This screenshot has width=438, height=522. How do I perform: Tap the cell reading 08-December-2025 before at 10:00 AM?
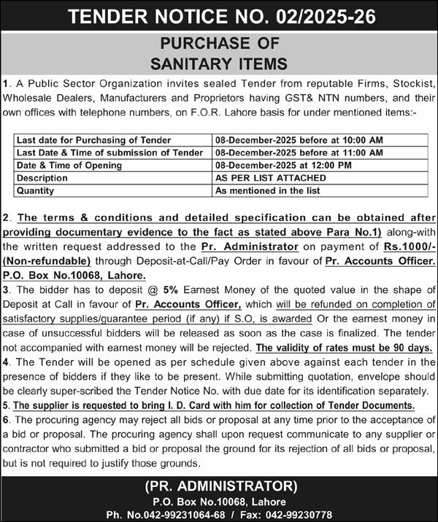299,140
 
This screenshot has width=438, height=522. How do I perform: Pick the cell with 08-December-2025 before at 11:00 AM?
299,152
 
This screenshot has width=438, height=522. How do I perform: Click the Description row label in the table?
42,178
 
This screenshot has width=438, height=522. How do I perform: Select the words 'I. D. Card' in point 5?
189,405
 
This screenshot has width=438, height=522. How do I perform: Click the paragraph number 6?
6,419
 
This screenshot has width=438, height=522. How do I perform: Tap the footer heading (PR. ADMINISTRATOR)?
219,486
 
